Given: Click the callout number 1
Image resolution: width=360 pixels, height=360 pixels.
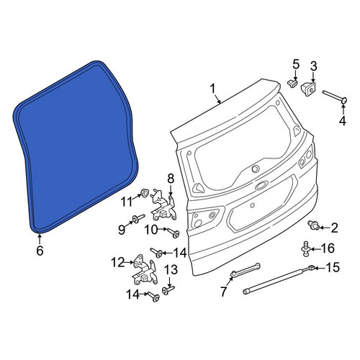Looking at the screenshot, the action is (212, 89).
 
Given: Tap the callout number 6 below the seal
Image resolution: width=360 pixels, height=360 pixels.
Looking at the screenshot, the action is (40, 251).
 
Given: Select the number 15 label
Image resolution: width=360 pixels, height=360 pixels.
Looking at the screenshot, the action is (333, 267).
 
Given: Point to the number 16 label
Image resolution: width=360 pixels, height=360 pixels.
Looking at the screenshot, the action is (327, 248).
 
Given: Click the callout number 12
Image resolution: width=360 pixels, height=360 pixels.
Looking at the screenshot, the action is (118, 262).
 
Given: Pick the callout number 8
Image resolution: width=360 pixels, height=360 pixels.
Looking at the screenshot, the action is (170, 179).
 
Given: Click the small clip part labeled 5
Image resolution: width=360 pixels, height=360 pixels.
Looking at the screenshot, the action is (292, 84).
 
